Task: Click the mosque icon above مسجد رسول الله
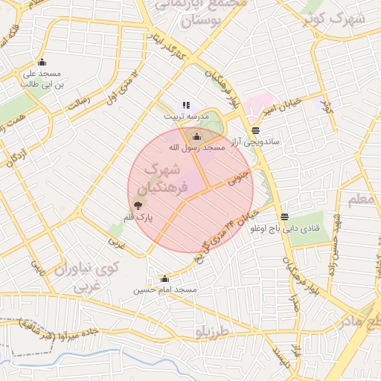[x=196, y=136]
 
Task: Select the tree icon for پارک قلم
[x=138, y=205]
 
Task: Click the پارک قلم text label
[x=138, y=217]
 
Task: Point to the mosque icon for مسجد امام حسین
[x=164, y=279]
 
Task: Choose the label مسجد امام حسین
[x=164, y=290]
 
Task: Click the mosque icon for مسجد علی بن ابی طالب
[x=41, y=63]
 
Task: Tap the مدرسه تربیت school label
[x=182, y=117]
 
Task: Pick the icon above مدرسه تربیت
[x=185, y=106]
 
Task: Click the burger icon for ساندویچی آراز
[x=255, y=130]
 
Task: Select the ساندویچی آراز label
[x=255, y=141]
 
